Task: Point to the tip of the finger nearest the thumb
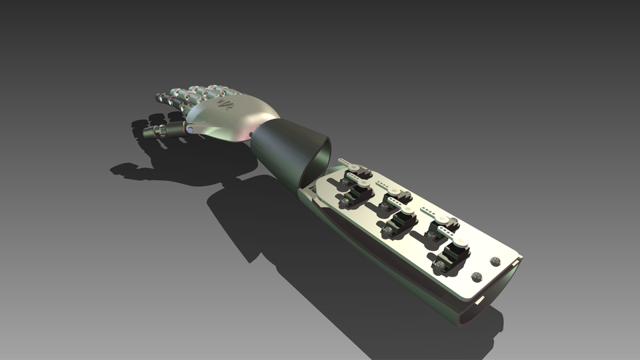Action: point(160,99)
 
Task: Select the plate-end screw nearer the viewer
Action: point(477,276)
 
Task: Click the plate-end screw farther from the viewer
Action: point(495,261)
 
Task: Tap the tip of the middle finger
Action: point(176,92)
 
